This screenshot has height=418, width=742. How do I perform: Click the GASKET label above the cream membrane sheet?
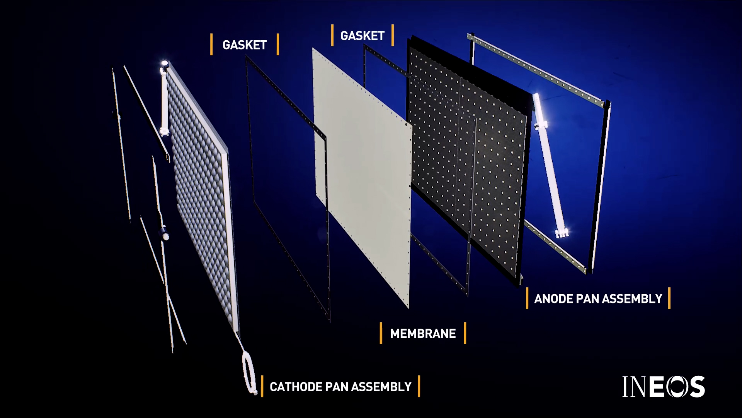pos(362,36)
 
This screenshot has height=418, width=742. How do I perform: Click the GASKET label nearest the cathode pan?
pos(244,45)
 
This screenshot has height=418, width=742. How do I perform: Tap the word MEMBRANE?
pos(423,333)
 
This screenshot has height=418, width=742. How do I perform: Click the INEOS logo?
pos(663,387)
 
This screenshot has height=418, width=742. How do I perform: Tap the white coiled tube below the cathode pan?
pos(249,372)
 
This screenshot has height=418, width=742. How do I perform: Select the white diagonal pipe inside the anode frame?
pos(549,163)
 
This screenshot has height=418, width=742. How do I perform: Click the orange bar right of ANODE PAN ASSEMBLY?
pos(669,298)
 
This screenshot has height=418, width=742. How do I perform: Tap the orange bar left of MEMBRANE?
pos(381,333)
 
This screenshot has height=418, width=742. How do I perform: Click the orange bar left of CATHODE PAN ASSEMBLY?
pos(262,386)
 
